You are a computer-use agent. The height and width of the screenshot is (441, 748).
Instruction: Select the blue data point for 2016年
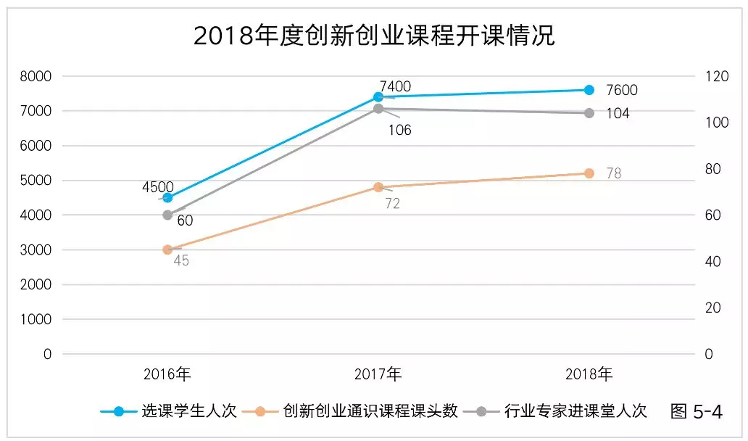pos(167,197)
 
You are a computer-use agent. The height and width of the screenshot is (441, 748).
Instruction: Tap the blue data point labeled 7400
pos(378,96)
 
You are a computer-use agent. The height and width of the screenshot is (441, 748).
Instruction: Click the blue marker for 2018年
pos(589,90)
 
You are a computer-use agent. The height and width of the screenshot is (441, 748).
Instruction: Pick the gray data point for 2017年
pos(378,109)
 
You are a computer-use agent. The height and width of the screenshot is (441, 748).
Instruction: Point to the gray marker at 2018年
pos(589,113)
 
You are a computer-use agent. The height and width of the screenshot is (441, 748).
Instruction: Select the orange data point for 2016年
pos(167,250)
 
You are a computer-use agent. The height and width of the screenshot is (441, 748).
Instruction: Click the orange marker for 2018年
pos(589,173)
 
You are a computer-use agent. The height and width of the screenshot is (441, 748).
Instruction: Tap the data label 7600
pos(621,91)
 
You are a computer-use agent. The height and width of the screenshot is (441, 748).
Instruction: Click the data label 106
pos(399,131)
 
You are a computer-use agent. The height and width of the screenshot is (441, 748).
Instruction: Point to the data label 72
pos(392,205)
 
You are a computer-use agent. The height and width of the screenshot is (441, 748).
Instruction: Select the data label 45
pos(181,261)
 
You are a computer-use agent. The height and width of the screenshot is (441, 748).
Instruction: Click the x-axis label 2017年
pos(378,375)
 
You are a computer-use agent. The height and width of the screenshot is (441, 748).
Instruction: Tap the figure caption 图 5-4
pos(697,411)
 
